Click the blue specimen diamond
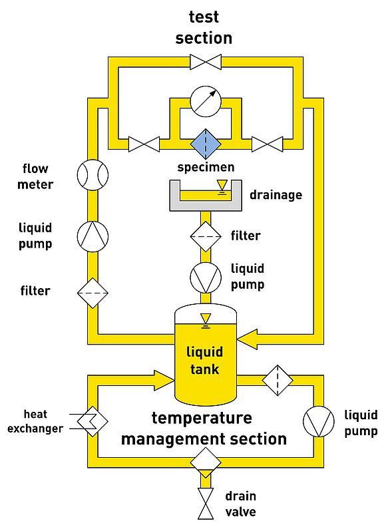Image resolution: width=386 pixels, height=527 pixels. point(206,144)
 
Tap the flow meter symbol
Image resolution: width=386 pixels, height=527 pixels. point(93,175)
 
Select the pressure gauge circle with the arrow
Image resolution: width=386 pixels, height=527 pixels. point(206,102)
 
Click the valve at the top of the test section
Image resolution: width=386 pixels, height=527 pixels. point(206,62)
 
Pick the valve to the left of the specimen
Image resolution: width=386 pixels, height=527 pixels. point(144,144)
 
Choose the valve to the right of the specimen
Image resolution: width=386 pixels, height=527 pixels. point(268,144)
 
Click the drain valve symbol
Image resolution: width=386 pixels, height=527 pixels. point(206,504)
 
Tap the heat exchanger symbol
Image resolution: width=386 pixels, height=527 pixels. point(89,421)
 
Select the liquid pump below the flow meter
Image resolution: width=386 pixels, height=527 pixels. point(93,237)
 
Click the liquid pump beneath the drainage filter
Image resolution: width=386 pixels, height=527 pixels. point(206,277)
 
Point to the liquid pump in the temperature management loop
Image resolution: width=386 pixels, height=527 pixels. point(318,421)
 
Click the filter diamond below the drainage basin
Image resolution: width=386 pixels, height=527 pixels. point(206,237)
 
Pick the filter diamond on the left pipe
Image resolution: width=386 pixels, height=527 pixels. point(93,293)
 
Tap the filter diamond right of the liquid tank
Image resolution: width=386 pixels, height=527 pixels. point(278,381)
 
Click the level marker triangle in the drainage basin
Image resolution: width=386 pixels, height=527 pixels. point(222,185)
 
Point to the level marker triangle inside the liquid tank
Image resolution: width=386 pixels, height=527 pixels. point(206,319)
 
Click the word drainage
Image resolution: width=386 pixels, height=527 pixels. point(276,195)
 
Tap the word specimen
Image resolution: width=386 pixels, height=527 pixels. point(206,168)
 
